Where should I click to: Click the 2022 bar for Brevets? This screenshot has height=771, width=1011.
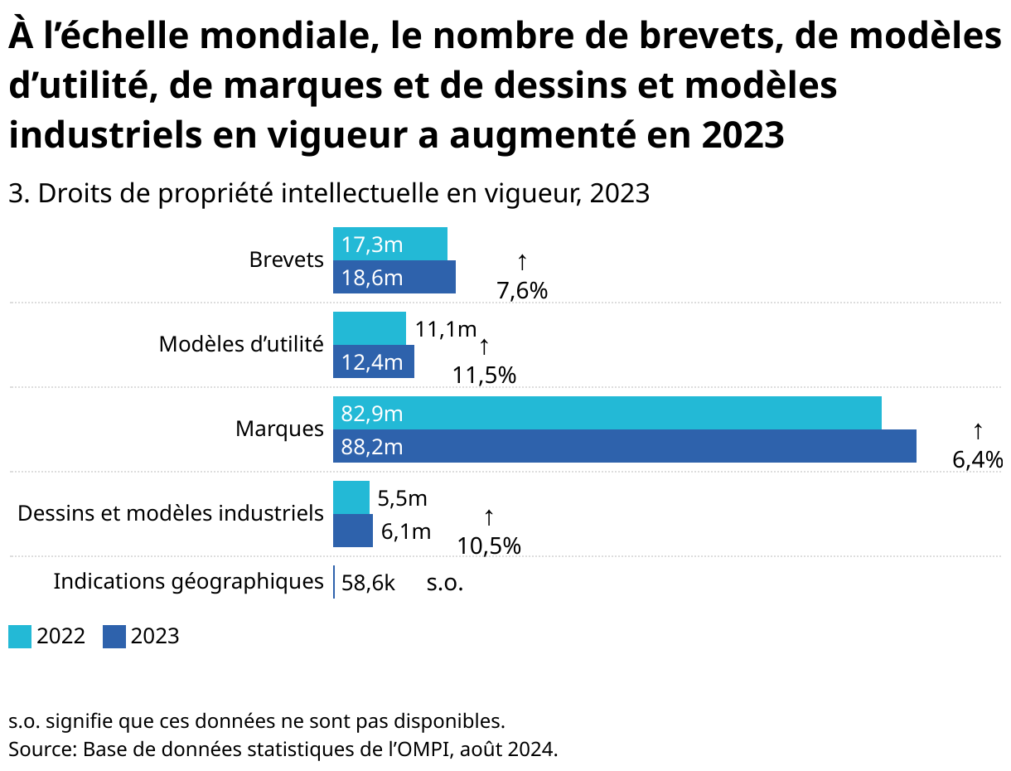point(390,244)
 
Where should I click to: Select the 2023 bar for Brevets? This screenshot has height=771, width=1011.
point(394,277)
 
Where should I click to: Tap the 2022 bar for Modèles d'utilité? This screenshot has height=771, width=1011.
point(370,328)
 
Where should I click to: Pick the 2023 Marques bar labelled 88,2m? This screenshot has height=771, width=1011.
point(625,446)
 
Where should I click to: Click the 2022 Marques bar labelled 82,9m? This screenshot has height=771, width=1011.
point(607,413)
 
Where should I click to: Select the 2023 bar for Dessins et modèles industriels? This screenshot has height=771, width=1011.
point(353,531)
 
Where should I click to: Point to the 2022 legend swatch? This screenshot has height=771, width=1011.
point(20,637)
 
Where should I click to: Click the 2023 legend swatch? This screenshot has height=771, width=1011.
point(114,637)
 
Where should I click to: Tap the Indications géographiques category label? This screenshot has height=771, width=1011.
point(188,581)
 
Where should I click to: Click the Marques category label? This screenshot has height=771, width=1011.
point(279,429)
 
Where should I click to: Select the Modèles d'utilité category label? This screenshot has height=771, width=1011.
point(241,344)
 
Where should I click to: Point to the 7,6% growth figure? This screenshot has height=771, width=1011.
point(522,290)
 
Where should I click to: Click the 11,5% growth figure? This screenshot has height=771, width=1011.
point(485,375)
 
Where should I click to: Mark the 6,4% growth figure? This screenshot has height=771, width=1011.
point(978,459)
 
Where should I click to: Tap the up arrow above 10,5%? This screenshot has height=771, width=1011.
point(489,518)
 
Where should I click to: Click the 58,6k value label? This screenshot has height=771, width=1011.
point(368,583)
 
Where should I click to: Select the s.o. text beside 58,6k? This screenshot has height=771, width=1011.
point(445,583)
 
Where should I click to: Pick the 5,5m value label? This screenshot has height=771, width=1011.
point(402,498)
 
